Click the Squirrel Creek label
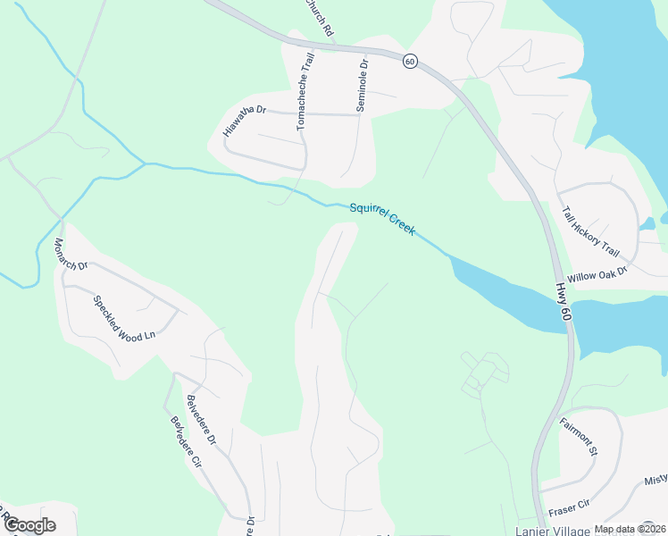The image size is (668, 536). point(382,218)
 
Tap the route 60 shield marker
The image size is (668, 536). point(410,61)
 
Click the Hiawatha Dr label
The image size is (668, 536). point(245,121)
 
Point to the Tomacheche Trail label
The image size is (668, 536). point(305,92)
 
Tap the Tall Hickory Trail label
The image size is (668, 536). point(589,232)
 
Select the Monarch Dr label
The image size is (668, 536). point(71,255)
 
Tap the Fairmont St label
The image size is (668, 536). point(578,436)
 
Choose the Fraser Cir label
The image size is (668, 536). point(570,506)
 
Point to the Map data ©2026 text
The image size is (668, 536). point(629,529)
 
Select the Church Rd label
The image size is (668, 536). point(319,16)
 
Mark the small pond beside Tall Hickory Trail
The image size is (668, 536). point(649,223)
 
